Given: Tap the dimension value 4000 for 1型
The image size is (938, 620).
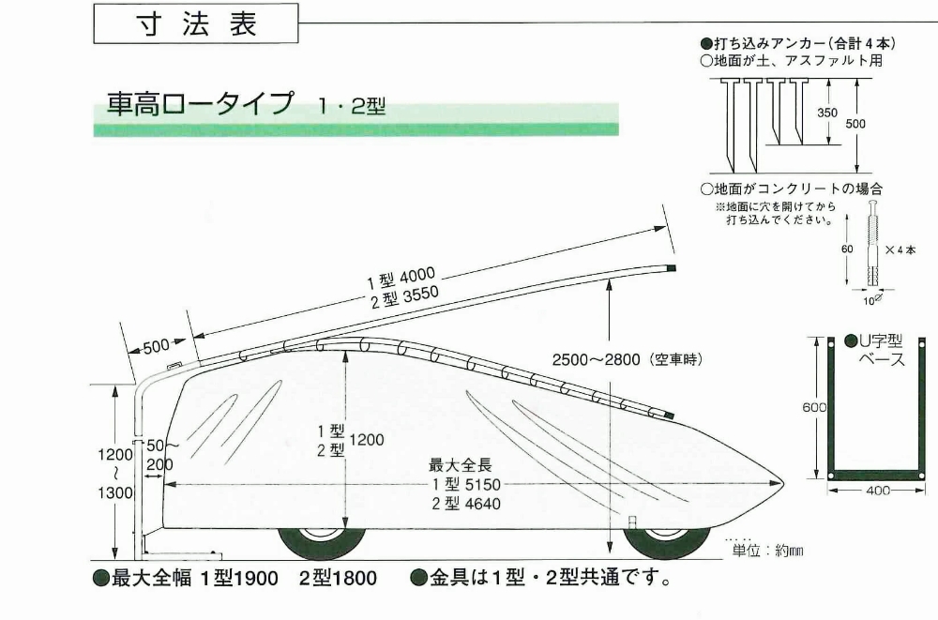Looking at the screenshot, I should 416,276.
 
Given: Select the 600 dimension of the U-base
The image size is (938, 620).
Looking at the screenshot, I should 815,406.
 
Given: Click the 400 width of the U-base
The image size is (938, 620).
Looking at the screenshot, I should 876,491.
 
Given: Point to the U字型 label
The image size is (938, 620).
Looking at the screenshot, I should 881,341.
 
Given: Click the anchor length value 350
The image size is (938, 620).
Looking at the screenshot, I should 826,113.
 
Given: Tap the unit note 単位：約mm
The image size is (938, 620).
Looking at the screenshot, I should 768,551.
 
